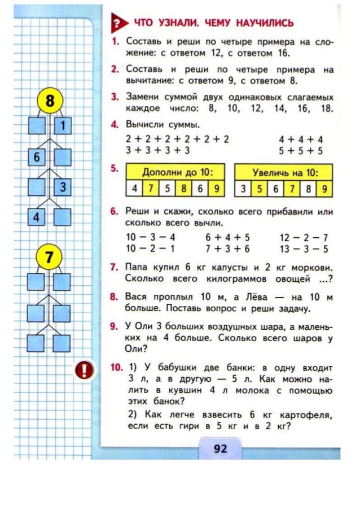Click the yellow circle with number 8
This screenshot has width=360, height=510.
click(50, 102)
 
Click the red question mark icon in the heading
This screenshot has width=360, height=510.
click(117, 23)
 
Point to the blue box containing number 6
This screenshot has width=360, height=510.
click(37, 157)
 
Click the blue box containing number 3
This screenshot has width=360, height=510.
click(63, 187)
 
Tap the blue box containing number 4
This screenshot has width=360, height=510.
click(37, 217)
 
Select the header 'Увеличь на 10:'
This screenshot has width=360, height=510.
click(284, 171)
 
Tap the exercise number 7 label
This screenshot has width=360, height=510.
click(113, 266)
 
